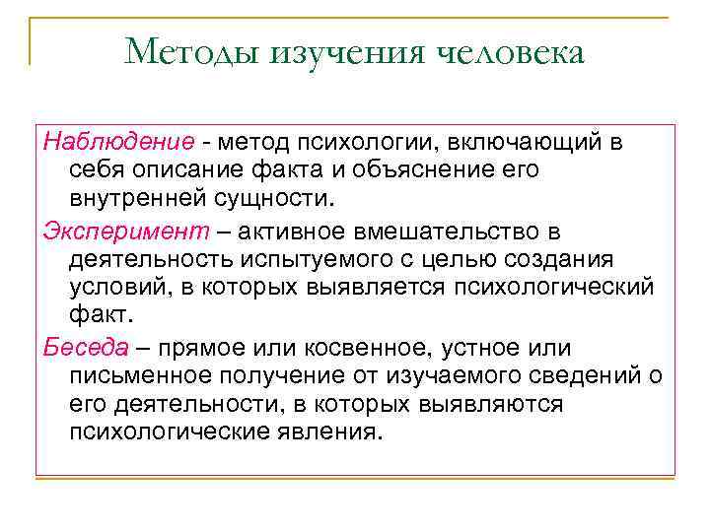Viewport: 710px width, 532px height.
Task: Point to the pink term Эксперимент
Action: pos(111,233)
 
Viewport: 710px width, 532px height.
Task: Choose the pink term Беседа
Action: pos(86,349)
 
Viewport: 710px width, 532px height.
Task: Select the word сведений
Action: pos(586,376)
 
